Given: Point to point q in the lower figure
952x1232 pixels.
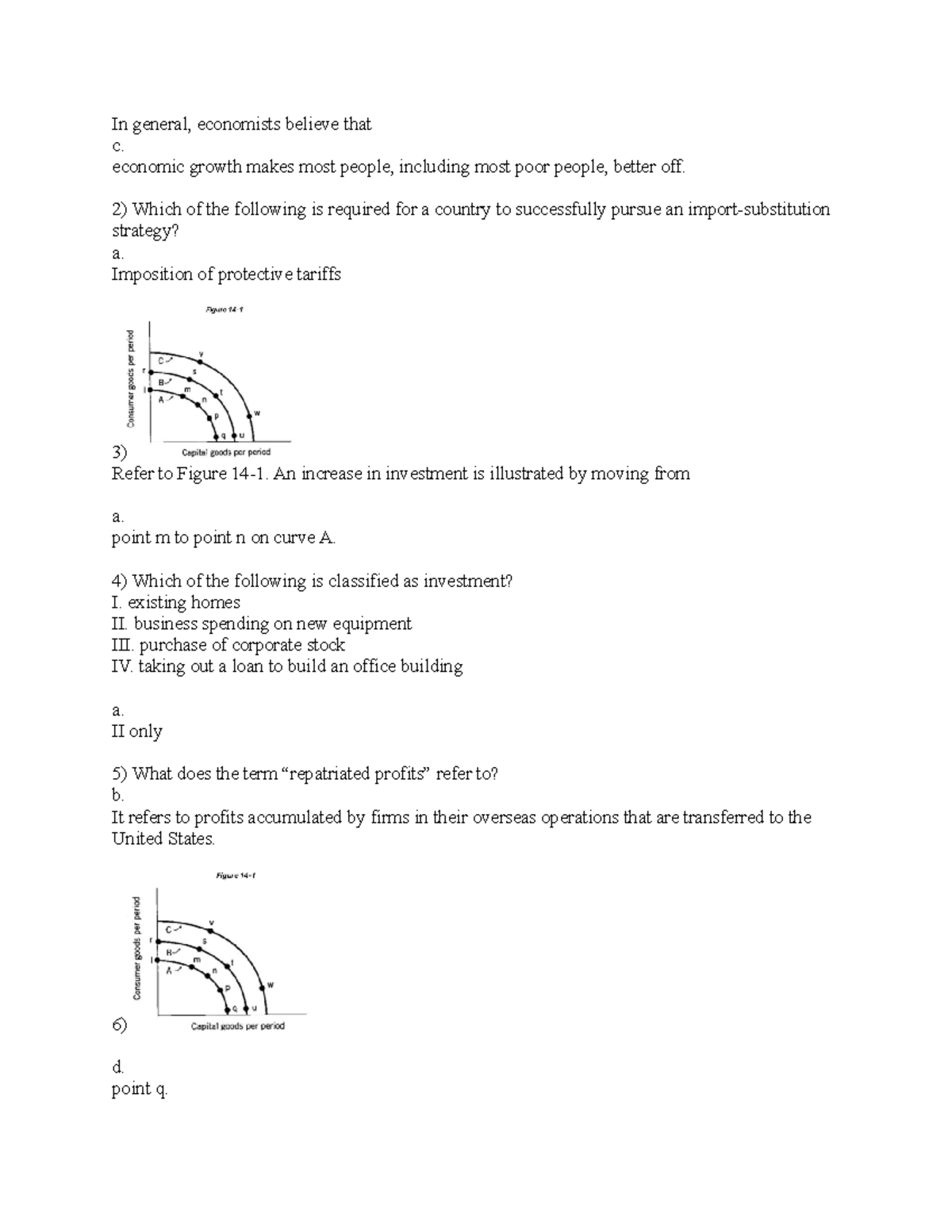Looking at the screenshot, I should (x=227, y=1009).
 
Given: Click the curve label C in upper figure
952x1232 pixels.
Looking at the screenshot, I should (x=161, y=361).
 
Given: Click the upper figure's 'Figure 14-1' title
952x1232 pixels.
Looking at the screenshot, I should (x=225, y=309).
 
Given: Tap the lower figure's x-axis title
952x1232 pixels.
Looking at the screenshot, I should (x=237, y=1026).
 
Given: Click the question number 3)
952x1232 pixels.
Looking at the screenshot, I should (x=119, y=453).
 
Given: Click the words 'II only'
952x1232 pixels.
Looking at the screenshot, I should (x=137, y=731).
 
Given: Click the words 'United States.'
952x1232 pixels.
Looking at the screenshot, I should (x=163, y=839).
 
